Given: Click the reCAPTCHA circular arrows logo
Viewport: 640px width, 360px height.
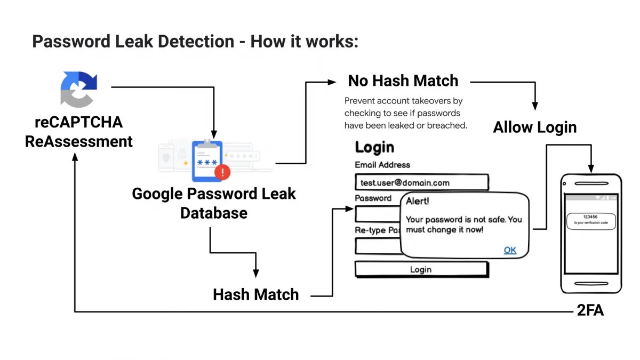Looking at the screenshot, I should coord(79,90).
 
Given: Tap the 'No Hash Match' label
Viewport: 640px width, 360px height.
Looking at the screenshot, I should coord(403,81).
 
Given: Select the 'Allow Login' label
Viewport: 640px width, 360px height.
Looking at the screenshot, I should coord(534,127).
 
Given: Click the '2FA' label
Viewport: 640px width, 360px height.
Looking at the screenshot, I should coord(590,311).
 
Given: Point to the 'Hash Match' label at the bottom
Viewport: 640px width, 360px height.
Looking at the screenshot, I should coord(255,294).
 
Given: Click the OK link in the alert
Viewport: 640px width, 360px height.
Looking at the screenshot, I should coord(510,250).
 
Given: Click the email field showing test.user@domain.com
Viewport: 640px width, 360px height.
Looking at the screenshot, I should coord(421,182).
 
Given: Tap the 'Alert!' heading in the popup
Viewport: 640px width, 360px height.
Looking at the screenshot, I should coord(417,202).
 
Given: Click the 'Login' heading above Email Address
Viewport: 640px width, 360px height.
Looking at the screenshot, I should coord(374,147).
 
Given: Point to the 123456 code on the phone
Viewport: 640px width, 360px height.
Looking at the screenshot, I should coord(591,217).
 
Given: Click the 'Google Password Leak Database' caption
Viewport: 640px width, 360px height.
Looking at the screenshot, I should coord(213,203).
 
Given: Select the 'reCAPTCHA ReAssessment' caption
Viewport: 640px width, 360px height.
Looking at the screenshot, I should coord(79,132).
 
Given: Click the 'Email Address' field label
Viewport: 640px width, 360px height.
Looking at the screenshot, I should coord(382,165).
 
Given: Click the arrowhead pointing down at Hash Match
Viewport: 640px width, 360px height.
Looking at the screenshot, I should coord(256,273).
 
